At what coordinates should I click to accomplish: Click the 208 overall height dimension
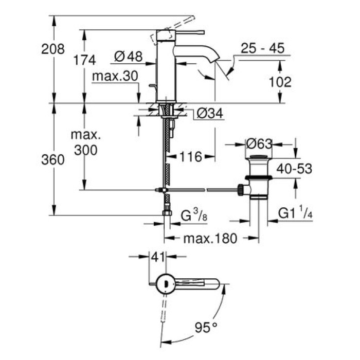point(53,49)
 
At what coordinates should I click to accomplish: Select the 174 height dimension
point(84,60)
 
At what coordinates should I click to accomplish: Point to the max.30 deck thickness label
point(115,76)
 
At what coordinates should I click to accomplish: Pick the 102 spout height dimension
point(280,82)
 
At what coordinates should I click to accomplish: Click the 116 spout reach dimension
point(189,157)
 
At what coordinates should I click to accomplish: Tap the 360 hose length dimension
point(53,160)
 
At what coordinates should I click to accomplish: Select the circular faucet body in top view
point(165,283)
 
